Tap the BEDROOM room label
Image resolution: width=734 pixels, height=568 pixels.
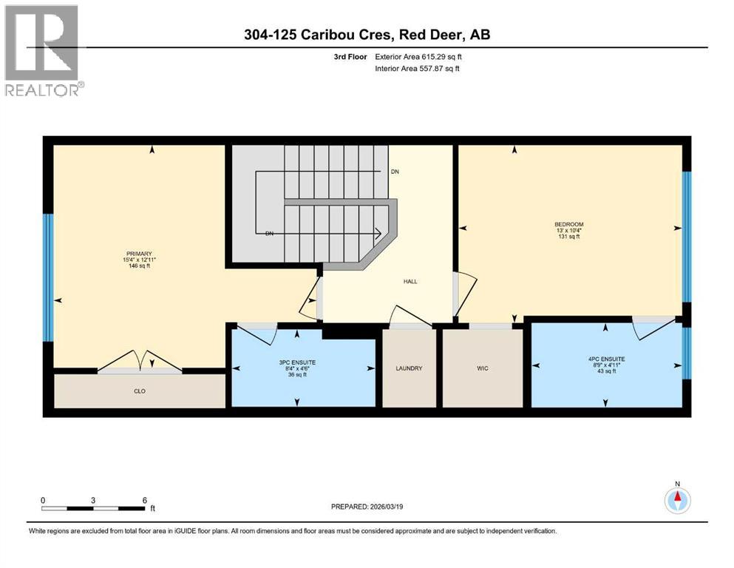click(x=569, y=225)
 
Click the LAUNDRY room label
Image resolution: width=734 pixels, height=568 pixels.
click(x=409, y=368)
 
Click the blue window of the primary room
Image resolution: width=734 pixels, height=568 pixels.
click(x=48, y=277)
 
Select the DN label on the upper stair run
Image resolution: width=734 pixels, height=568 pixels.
click(x=395, y=171)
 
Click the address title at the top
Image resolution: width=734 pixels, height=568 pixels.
click(x=367, y=34)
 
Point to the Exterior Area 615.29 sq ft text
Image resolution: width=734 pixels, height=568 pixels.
click(x=422, y=56)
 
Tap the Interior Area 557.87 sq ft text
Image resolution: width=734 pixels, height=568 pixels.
click(x=422, y=68)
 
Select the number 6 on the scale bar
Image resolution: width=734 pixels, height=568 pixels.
click(x=144, y=500)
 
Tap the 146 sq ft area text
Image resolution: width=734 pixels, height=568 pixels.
click(x=139, y=266)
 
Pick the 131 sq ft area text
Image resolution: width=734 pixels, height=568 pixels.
click(x=569, y=237)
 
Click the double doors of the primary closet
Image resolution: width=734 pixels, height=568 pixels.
click(x=140, y=362)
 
